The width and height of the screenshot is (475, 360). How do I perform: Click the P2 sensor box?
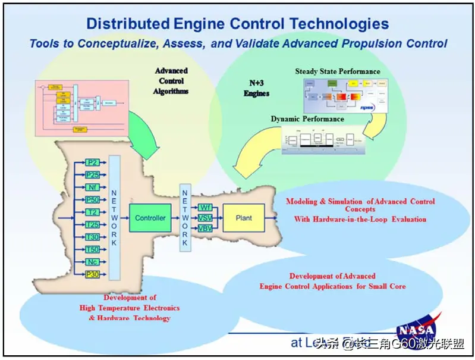pyautogui.click(x=92, y=162)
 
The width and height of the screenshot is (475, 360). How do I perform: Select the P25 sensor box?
pyautogui.click(x=92, y=175)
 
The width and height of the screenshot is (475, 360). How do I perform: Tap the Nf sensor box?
pyautogui.click(x=92, y=187)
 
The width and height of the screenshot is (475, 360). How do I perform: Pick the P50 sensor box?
pyautogui.click(x=92, y=200)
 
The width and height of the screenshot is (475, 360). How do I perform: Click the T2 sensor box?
pyautogui.click(x=92, y=212)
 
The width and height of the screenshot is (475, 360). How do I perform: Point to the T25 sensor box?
pyautogui.click(x=92, y=225)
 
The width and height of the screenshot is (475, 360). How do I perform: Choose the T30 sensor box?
pyautogui.click(x=92, y=237)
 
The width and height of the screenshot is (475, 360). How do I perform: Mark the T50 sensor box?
pyautogui.click(x=92, y=250)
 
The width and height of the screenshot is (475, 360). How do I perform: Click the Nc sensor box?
pyautogui.click(x=92, y=262)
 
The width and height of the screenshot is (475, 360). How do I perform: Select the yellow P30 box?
pyautogui.click(x=92, y=274)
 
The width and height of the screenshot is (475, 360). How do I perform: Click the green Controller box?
pyautogui.click(x=150, y=218)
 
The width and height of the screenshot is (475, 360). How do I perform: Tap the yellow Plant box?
pyautogui.click(x=244, y=218)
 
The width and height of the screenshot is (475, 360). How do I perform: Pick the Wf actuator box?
pyautogui.click(x=205, y=207)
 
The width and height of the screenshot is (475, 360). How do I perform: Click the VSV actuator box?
pyautogui.click(x=205, y=218)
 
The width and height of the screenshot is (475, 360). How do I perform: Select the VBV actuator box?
pyautogui.click(x=205, y=228)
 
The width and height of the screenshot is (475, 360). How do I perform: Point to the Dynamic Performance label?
pyautogui.click(x=307, y=119)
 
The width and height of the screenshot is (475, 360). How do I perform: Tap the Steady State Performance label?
pyautogui.click(x=338, y=72)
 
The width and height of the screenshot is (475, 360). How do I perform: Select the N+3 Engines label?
pyautogui.click(x=257, y=89)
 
